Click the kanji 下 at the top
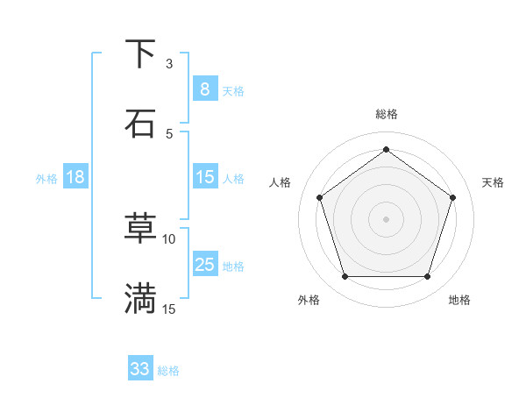[x=140, y=54]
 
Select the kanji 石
[x=140, y=124]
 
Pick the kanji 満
[x=140, y=298]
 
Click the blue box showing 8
[x=204, y=89]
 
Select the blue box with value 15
[x=204, y=177]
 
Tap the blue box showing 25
[x=204, y=265]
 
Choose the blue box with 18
[x=75, y=177]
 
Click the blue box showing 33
[x=140, y=369]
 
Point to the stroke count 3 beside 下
[x=169, y=64]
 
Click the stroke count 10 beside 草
[x=169, y=238]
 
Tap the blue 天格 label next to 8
[x=233, y=91]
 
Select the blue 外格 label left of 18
[x=46, y=179]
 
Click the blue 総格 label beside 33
[x=168, y=371]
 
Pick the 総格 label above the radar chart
[x=386, y=114]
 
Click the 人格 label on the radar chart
[x=281, y=182]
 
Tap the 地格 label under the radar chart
[x=459, y=300]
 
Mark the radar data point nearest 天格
[x=452, y=197]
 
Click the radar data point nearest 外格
[x=345, y=277]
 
